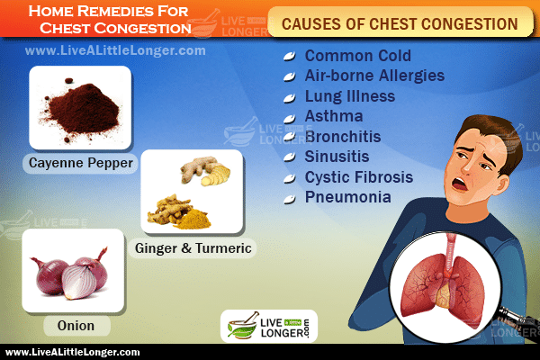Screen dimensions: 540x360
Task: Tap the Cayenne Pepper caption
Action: click(x=81, y=163)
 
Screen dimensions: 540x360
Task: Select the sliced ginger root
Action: click(x=206, y=171)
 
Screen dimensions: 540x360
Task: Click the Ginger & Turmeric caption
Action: click(x=193, y=248)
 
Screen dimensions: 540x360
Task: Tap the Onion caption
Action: click(x=76, y=326)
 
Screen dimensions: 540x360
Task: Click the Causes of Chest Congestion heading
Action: click(x=400, y=24)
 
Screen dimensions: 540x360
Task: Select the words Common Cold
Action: click(x=358, y=56)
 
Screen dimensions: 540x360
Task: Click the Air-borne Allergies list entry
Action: click(x=374, y=76)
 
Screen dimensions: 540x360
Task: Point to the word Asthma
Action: click(x=334, y=116)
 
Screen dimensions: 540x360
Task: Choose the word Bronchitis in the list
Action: click(x=343, y=137)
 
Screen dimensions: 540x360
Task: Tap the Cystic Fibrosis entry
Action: click(x=359, y=177)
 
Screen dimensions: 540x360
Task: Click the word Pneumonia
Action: click(x=347, y=197)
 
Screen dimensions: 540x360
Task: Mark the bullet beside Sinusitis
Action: click(x=289, y=157)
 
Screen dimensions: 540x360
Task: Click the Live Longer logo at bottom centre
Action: click(x=269, y=326)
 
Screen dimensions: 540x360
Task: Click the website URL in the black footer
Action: click(x=73, y=353)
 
